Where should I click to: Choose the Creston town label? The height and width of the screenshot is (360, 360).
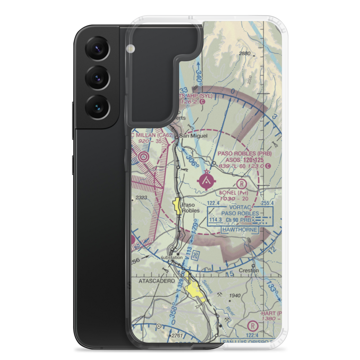point(250,270)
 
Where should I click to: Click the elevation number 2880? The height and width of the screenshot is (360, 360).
point(244,54)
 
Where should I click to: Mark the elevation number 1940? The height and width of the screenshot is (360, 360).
point(234,296)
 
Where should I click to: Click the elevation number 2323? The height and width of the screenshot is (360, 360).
point(142,198)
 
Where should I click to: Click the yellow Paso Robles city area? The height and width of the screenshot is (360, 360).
point(177,206)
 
